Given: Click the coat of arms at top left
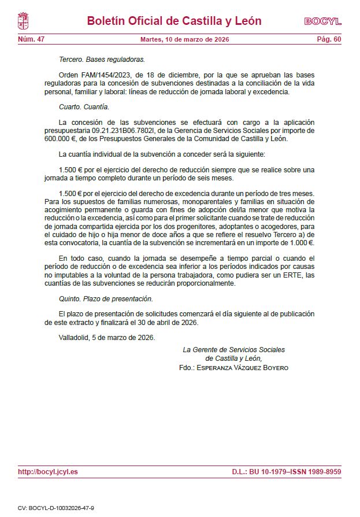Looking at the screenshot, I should pos(24,21).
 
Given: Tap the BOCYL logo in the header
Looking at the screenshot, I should pos(322,21).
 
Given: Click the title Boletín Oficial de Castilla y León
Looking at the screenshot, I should pos(174,21).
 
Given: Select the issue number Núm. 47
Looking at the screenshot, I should pos(31,39).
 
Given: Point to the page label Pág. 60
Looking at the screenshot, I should pos(329,39).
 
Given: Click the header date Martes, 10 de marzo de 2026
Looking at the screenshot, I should pos(185,39).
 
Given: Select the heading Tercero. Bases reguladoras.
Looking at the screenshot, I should pos(102,60).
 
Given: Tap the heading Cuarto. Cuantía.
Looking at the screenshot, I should pos(84,107).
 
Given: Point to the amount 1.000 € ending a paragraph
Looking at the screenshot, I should pos(301,243).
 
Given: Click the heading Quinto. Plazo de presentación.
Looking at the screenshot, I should pos(106,298).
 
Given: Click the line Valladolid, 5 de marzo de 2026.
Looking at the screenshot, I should pos(107,338).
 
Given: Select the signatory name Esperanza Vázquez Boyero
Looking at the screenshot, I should pos(242,368).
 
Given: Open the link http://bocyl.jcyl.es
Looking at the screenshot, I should pos(48,472).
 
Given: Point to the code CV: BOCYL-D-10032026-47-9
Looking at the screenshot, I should pos(56,507).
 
